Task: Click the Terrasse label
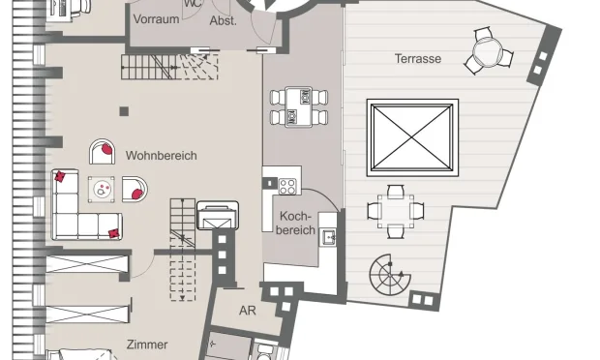[418, 58]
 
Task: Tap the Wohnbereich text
[161, 156]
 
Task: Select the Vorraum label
[156, 18]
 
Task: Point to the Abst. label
[224, 20]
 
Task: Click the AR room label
[247, 311]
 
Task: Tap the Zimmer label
[147, 345]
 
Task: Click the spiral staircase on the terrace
[390, 274]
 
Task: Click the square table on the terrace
[396, 212]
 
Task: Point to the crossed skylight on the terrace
[412, 137]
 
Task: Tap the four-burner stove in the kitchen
[287, 187]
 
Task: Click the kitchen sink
[328, 238]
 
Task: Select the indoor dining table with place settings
[299, 107]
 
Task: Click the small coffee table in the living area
[102, 190]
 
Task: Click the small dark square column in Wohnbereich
[124, 111]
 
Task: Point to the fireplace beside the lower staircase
[218, 216]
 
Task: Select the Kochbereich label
[296, 223]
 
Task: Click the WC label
[194, 4]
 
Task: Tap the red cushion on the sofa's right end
[113, 233]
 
